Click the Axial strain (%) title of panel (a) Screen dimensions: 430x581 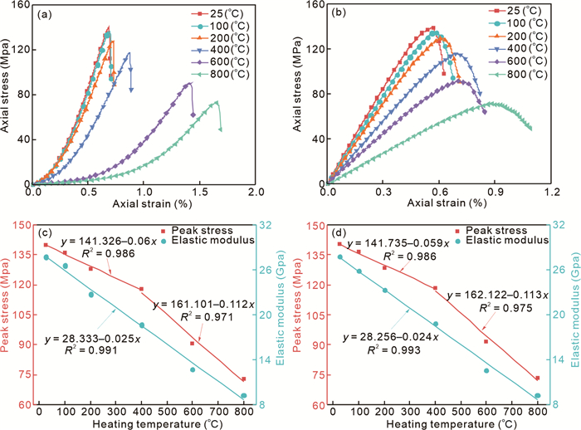tap(145, 204)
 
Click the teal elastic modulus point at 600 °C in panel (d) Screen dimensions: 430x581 tap(487, 370)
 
